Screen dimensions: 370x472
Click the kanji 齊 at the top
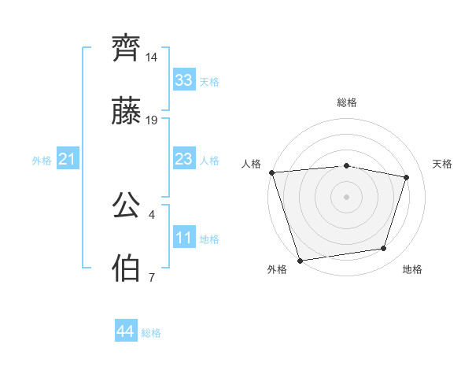[x=127, y=49]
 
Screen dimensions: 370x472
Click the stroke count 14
[x=152, y=58]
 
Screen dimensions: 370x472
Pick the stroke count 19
[x=152, y=120]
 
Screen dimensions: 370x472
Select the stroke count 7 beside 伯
[x=151, y=277]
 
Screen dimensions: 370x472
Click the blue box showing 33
[x=183, y=80]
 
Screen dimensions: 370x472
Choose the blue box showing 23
[x=183, y=159]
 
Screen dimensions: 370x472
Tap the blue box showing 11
[x=183, y=237]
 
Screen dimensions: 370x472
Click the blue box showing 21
[x=67, y=160]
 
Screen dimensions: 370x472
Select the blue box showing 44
[x=125, y=331]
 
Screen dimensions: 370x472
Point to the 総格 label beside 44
[x=151, y=333]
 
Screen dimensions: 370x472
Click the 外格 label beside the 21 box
[x=42, y=161]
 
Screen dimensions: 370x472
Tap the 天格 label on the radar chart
[x=442, y=164]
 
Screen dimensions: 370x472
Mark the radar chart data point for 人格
[x=271, y=172]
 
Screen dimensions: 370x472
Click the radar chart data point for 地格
[x=384, y=249]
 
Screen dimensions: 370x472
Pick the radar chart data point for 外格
[x=300, y=260]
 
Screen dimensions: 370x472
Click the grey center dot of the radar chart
[x=346, y=196]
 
